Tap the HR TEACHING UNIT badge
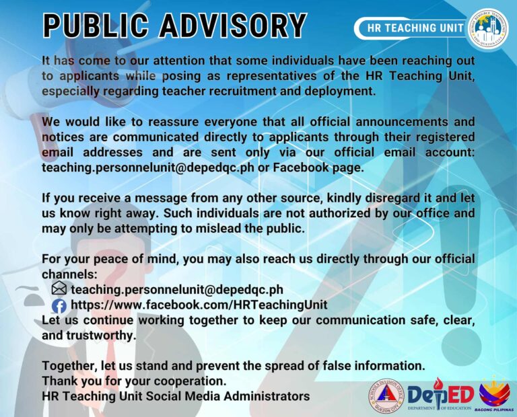click(415, 28)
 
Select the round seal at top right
click(487, 28)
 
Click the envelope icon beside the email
click(59, 289)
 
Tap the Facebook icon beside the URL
click(59, 305)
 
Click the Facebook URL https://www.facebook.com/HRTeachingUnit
click(199, 305)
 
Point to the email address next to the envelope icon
click(177, 290)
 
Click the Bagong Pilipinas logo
click(495, 395)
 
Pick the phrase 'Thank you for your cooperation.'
click(134, 381)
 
